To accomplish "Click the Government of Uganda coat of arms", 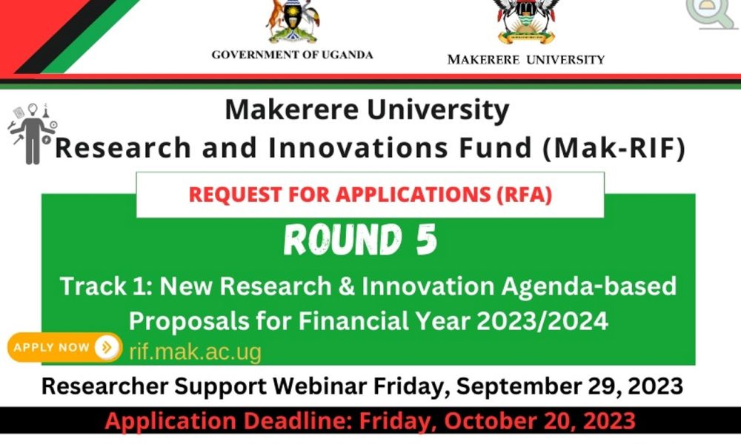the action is point(293,21).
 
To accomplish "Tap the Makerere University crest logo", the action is point(526,21).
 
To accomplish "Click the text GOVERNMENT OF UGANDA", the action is point(292,55).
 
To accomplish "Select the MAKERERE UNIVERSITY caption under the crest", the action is point(526,60).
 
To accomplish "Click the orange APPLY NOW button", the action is point(64,348).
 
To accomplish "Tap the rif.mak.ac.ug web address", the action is point(195,352).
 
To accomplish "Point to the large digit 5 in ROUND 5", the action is point(427,240).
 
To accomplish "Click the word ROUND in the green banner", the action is point(343,240).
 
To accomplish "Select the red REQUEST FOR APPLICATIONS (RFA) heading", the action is point(370,195).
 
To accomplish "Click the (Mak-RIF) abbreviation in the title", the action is point(614,148).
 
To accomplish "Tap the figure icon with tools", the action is point(32,134).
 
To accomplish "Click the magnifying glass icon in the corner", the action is point(711,13).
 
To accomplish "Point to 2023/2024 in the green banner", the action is point(542,321).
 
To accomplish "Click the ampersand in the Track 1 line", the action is point(346,286).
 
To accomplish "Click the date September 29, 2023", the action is point(569,386).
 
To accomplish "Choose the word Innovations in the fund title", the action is point(358,148).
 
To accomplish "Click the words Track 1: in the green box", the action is point(106,286).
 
